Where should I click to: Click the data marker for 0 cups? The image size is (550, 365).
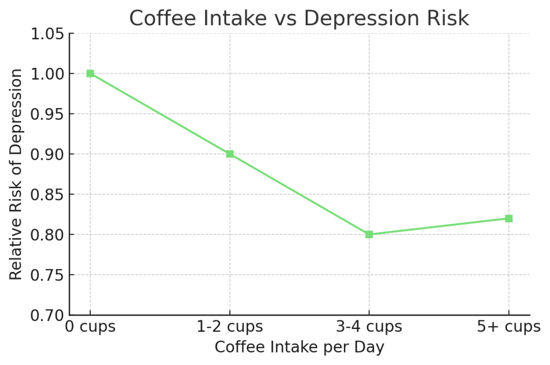[90, 74]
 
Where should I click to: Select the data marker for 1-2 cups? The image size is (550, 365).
[230, 154]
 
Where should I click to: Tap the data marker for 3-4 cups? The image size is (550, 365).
[369, 234]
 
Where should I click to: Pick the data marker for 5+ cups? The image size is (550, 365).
[509, 218]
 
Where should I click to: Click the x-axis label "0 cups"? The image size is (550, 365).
[90, 327]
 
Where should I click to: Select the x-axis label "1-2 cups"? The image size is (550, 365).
[230, 327]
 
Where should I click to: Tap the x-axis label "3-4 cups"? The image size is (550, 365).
[369, 327]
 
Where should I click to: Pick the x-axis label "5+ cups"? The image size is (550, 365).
[509, 327]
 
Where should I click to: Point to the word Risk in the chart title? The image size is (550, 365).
[449, 18]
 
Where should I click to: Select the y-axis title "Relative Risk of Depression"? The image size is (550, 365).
[17, 174]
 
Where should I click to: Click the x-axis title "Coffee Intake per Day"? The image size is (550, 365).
[299, 347]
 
